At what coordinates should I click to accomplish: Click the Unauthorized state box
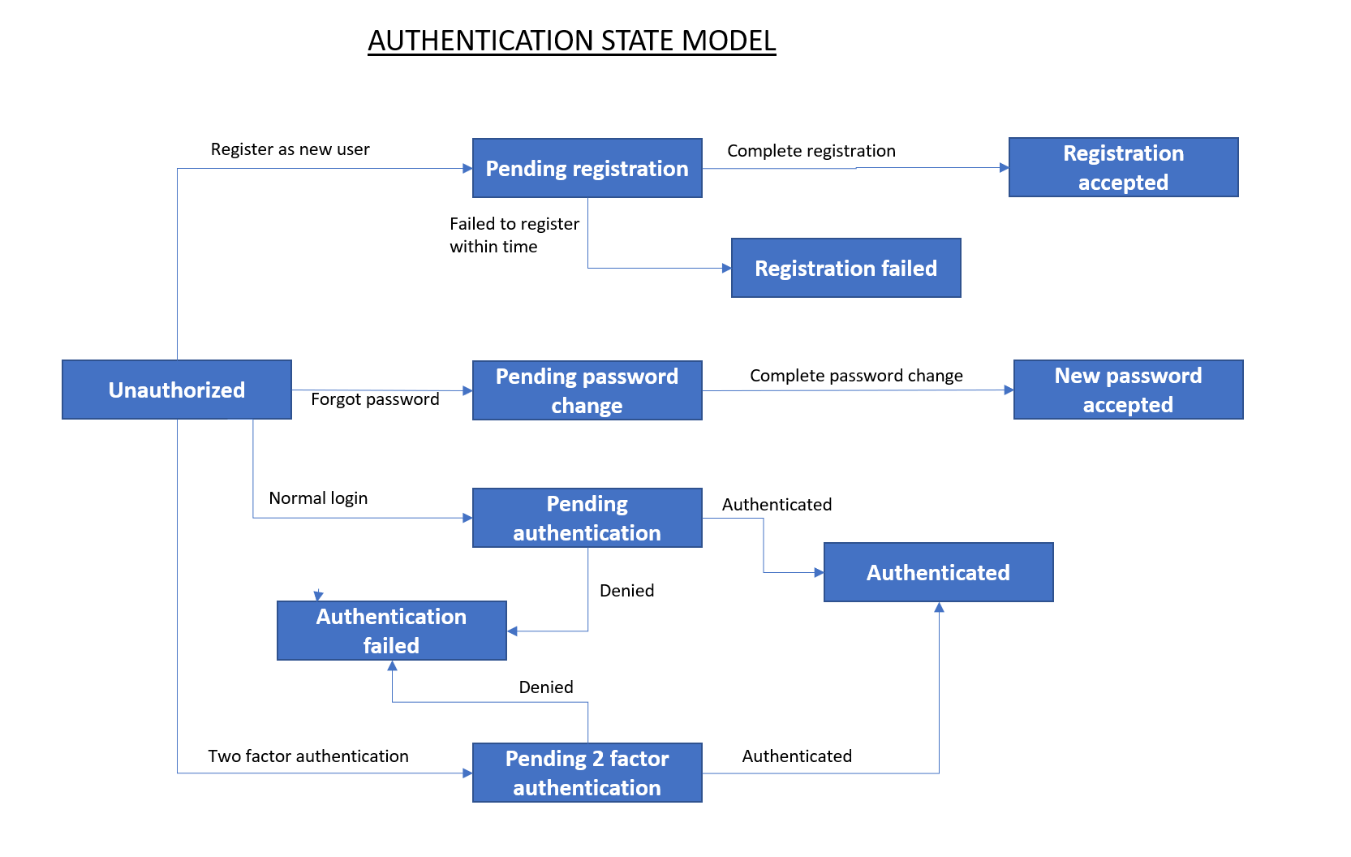coord(177,390)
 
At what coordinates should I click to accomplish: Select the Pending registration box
coord(587,168)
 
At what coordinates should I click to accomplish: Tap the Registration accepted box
coord(1123,167)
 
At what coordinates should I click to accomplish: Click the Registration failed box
coord(845,268)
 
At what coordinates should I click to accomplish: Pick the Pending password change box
coord(587,390)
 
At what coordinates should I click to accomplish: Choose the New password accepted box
coord(1128,390)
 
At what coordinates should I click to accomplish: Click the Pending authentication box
coord(587,518)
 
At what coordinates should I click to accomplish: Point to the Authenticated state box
coord(938,572)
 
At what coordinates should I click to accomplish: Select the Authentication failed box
coord(391,631)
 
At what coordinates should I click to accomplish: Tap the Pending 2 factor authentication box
coord(587,773)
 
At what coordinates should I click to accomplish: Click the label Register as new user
coord(290,149)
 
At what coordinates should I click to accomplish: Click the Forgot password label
coord(375,399)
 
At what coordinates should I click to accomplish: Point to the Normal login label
coord(318,498)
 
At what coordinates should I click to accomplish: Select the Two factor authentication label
coord(308,756)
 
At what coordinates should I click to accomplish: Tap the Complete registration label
coord(811,151)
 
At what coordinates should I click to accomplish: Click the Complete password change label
coord(856,376)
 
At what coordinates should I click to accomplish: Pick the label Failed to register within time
coord(514,235)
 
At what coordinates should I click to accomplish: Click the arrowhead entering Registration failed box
coord(726,268)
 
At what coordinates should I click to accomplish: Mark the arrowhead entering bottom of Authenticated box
coord(939,607)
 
